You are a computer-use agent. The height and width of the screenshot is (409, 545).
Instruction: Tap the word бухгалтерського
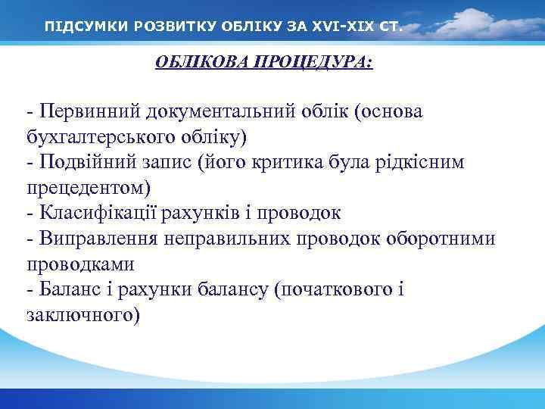(x=98, y=138)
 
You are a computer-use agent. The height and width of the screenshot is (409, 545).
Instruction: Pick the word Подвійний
(x=87, y=164)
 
